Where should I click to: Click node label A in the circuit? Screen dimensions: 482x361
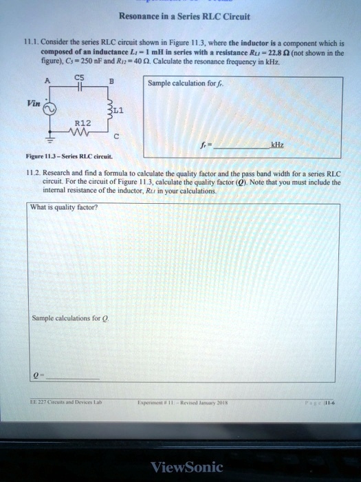click(x=47, y=80)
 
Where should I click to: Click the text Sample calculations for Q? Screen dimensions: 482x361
click(x=67, y=318)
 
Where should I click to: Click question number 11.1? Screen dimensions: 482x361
click(x=31, y=42)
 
